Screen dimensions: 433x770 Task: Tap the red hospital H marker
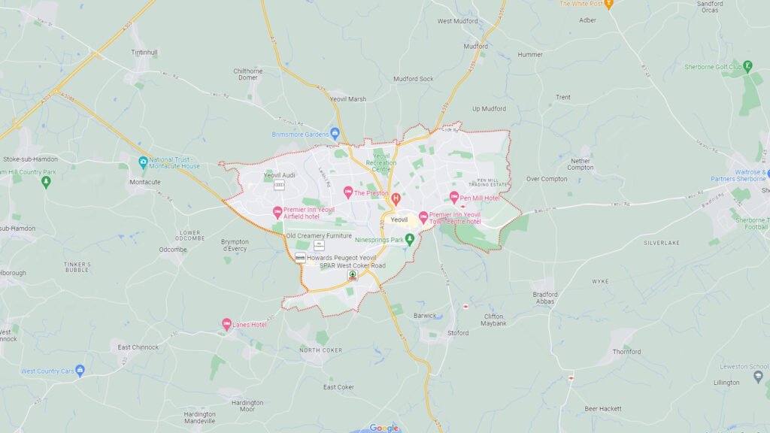click(x=396, y=198)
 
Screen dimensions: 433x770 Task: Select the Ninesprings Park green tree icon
click(x=410, y=239)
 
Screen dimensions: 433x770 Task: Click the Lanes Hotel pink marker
click(x=226, y=324)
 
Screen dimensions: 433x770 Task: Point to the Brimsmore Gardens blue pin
click(x=335, y=134)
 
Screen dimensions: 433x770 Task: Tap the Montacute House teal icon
click(x=143, y=162)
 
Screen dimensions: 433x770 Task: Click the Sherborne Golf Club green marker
click(x=747, y=66)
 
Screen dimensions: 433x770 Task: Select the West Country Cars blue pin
click(x=80, y=371)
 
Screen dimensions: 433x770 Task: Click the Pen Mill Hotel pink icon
click(x=454, y=197)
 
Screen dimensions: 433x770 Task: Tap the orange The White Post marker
click(x=609, y=4)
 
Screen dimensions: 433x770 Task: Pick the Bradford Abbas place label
click(x=544, y=298)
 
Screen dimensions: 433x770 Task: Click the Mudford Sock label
click(x=414, y=78)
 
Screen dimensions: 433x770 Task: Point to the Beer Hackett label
click(x=603, y=408)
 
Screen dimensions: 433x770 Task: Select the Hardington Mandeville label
click(x=199, y=417)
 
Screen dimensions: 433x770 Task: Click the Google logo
click(x=383, y=428)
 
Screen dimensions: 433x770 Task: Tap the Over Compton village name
click(x=547, y=179)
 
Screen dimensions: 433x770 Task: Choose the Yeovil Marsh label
click(x=348, y=98)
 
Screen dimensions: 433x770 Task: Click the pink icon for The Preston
click(x=348, y=192)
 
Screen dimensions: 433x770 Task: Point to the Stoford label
click(x=457, y=332)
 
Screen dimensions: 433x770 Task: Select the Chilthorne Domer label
click(x=248, y=74)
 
